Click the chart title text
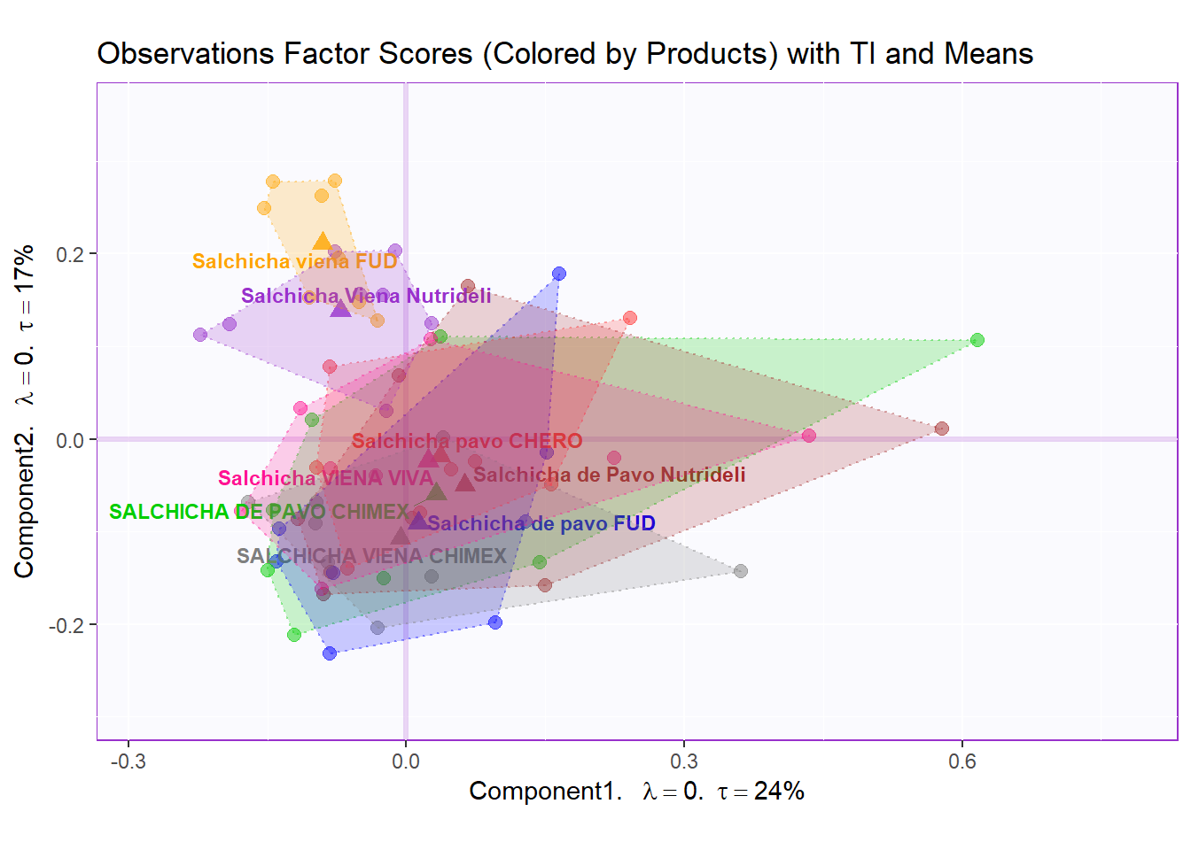564,54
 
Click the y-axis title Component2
25,412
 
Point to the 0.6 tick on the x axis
962,761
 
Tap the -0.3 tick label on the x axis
128,761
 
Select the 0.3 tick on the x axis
683,761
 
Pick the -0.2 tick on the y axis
66,626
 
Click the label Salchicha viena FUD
294,261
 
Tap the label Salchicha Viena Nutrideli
365,296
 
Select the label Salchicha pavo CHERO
467,441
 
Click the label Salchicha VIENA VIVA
325,478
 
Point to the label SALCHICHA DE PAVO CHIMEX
259,512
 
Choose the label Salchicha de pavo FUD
541,523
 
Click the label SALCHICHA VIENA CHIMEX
371,556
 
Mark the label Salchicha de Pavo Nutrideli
609,475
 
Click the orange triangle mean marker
322,242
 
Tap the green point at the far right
977,340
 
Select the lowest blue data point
330,653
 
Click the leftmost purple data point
200,335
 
